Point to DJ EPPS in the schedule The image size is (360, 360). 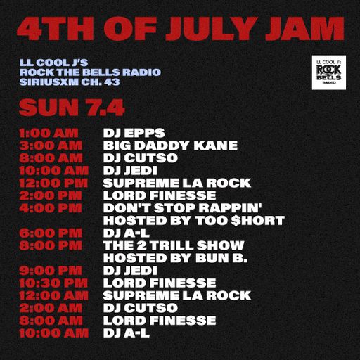[x=134, y=132]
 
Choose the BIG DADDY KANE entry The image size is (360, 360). [x=170, y=146]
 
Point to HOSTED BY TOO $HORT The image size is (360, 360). [x=193, y=221]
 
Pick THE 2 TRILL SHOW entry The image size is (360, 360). [x=174, y=245]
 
